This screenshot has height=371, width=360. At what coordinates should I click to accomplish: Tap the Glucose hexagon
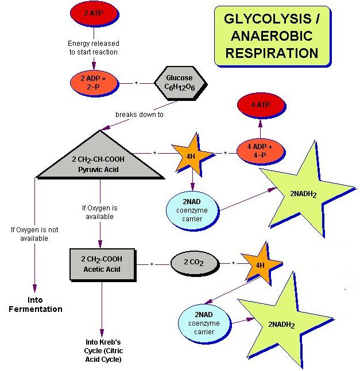click(x=179, y=83)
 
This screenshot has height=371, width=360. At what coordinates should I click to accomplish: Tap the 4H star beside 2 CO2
click(x=260, y=265)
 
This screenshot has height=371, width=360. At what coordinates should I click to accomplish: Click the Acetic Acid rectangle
click(x=102, y=263)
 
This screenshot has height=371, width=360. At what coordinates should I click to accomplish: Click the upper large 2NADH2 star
click(x=303, y=192)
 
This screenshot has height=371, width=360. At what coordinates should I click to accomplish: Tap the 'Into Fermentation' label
click(x=36, y=304)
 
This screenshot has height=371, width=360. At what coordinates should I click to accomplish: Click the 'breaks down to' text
click(x=140, y=114)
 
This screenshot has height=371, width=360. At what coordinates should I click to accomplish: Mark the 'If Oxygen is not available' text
click(x=35, y=234)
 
